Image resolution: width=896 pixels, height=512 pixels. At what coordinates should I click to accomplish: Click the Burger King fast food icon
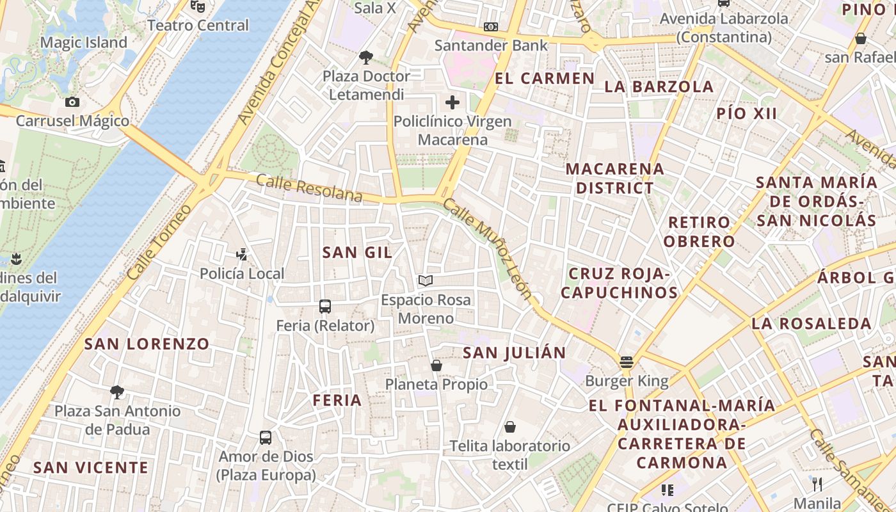(627, 362)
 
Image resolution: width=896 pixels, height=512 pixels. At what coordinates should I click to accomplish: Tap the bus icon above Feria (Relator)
(325, 307)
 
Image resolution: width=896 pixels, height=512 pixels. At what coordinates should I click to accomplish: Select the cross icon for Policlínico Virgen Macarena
(452, 102)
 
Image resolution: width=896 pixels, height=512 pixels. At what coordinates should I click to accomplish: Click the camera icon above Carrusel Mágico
(72, 102)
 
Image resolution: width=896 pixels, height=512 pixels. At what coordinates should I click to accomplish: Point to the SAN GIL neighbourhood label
(357, 252)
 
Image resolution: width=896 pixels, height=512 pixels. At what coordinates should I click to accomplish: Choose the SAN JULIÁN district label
(515, 353)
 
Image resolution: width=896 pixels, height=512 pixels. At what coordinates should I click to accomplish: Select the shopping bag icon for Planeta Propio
(436, 365)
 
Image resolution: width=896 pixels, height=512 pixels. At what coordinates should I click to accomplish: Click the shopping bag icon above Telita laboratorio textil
(510, 427)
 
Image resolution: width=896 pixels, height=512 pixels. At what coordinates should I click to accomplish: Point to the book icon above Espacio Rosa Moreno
(426, 280)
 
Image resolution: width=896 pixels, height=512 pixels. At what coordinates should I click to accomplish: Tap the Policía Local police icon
(241, 255)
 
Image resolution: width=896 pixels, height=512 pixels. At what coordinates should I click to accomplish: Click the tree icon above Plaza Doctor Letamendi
(366, 58)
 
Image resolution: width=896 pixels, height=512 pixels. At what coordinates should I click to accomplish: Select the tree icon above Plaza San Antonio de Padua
(117, 392)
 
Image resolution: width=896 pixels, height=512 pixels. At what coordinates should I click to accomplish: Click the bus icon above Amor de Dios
(266, 438)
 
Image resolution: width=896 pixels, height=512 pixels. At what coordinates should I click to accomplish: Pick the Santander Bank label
(491, 45)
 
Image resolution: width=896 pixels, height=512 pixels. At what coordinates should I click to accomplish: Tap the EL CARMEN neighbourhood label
(545, 79)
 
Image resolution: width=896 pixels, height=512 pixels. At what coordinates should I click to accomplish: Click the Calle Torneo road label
(159, 243)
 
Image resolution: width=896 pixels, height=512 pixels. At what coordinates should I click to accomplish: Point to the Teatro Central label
(198, 26)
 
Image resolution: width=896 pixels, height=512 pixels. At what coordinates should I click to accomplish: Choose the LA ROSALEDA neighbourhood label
(812, 324)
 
